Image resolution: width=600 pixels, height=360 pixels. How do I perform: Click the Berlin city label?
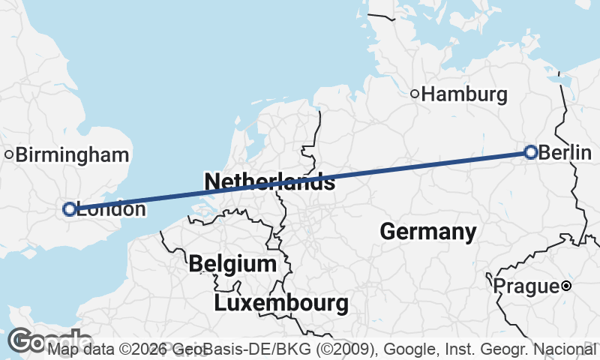point(565,153)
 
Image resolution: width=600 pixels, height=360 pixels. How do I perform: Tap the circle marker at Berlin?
point(531,152)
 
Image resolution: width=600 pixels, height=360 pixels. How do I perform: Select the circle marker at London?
point(70,209)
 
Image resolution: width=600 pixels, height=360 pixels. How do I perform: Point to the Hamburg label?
point(464,94)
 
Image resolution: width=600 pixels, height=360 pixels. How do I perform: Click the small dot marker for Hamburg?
point(414,94)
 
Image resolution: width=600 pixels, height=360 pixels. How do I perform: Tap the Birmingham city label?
point(72,155)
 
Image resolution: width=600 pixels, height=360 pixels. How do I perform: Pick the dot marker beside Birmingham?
point(8,155)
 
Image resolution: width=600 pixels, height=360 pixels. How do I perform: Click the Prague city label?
point(526,286)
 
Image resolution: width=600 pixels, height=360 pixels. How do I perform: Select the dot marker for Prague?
point(566,286)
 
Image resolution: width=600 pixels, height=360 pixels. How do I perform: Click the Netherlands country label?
point(268,181)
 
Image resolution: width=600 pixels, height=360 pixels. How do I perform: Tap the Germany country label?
point(427,232)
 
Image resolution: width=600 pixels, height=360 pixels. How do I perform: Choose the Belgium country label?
point(232,264)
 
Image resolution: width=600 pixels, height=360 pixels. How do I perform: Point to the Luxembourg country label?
point(281,304)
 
